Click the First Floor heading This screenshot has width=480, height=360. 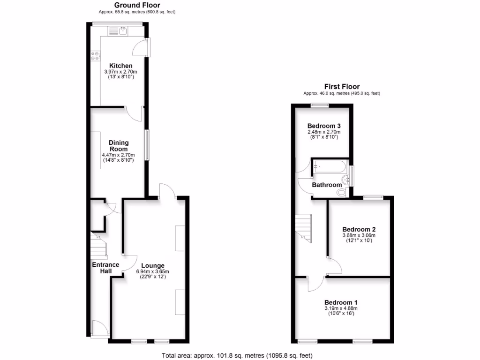pos(342,87)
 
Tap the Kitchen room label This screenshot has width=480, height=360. pos(120,66)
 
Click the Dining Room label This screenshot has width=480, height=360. pos(119,146)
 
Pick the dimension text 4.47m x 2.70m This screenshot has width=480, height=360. pos(118,155)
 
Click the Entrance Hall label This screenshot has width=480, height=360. pos(105,268)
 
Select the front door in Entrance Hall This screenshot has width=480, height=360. pos(100,329)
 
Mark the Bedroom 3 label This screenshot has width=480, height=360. pos(324,126)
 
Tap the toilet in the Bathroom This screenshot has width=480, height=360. pos(342,192)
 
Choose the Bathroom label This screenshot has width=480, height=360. pos(327,185)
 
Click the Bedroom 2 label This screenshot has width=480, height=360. pos(359,229)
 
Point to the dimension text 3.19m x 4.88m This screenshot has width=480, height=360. pos(341,308)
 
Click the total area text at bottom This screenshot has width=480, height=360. pos(237,355)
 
